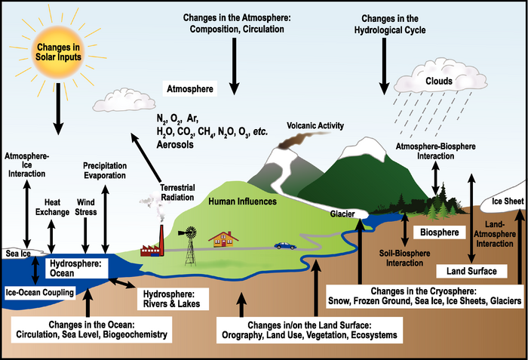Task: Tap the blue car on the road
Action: tap(285, 245)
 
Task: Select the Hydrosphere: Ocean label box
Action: tap(75, 266)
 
